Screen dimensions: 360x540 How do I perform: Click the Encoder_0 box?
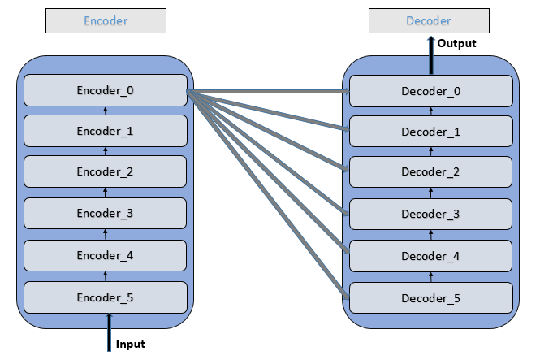coord(105,90)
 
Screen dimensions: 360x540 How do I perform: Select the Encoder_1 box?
coord(105,130)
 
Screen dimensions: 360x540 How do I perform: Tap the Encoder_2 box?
coord(105,171)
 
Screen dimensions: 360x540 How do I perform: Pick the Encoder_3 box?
coord(105,213)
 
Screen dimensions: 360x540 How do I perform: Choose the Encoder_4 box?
coord(105,255)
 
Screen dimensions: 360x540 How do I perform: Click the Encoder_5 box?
coord(105,297)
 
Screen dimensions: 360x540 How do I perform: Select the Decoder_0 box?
coord(431,90)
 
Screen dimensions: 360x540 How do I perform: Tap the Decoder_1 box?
coord(431,132)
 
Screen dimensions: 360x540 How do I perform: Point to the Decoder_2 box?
coord(431,173)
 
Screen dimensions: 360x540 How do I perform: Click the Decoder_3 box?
coord(431,215)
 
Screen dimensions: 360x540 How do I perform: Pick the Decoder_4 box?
coord(431,256)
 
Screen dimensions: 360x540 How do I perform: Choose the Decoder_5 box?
coord(431,297)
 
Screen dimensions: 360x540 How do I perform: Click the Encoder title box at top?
coord(106,21)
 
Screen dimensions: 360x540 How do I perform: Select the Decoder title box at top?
coord(431,21)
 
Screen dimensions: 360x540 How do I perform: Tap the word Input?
coord(131,345)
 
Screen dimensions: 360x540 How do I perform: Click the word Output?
coord(456,44)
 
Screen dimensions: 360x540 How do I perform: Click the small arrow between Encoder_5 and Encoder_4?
coord(106,276)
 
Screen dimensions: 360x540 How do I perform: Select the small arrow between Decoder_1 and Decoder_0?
coord(431,111)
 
